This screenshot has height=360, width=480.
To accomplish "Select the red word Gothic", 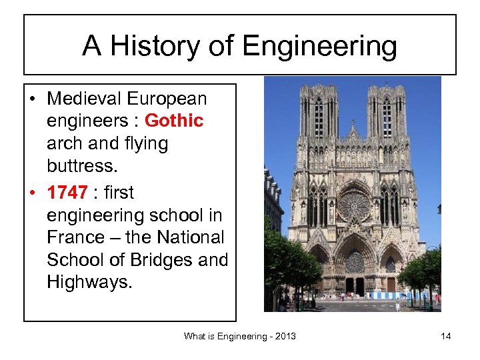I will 174,121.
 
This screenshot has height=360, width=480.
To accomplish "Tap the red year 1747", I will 67,193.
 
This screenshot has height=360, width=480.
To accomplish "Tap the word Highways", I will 89,282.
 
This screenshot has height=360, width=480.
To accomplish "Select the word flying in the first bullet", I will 137,143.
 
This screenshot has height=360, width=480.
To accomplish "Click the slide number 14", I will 445,336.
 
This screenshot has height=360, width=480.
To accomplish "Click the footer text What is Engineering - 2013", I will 239,336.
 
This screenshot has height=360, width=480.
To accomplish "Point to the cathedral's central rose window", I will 353,205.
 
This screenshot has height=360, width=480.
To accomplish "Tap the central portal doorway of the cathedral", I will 354,280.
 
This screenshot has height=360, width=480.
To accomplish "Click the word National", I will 193,237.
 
